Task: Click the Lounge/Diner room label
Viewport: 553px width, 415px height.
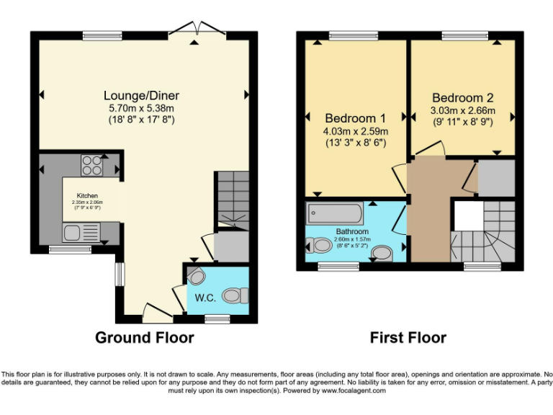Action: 141,95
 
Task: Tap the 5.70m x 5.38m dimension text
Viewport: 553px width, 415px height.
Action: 141,108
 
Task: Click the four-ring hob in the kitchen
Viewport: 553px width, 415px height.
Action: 91,166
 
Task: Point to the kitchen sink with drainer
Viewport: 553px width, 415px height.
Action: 80,232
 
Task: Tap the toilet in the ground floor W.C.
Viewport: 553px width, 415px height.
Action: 235,295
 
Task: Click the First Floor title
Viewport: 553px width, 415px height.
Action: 408,337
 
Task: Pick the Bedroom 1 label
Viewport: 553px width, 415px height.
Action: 356,118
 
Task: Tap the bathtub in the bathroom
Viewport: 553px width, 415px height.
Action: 335,213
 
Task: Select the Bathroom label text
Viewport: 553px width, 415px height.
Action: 353,231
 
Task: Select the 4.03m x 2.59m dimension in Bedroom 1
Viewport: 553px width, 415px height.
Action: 356,131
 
